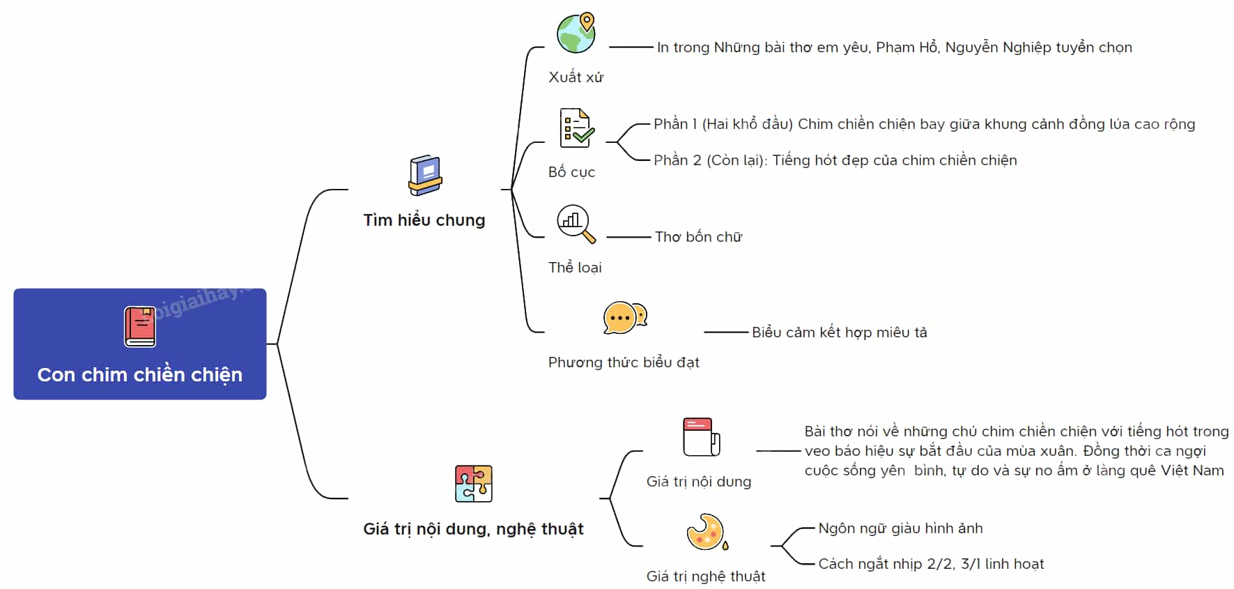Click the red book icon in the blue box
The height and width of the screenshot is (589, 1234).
[x=139, y=326]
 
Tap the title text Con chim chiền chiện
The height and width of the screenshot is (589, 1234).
[x=140, y=374]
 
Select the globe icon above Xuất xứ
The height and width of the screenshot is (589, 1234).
[x=576, y=33]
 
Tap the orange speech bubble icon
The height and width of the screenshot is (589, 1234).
[x=625, y=318]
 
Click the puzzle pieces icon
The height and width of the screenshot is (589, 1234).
[x=474, y=484]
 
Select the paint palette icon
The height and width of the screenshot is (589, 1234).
[x=707, y=533]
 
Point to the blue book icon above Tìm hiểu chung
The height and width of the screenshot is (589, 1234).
[x=425, y=175]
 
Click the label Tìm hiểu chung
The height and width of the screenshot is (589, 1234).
[x=424, y=220]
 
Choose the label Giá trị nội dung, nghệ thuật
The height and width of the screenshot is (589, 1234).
[x=474, y=529]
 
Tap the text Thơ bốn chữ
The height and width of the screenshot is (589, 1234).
[x=698, y=237]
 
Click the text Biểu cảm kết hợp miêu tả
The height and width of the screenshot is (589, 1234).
[x=840, y=332]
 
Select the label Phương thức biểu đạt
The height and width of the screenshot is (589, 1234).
[x=624, y=362]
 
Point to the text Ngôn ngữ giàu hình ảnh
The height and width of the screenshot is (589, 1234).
[x=900, y=528]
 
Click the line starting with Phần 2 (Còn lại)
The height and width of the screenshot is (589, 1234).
[x=835, y=160]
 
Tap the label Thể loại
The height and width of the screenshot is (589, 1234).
[x=575, y=268]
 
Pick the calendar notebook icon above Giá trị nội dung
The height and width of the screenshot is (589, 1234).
[x=701, y=436]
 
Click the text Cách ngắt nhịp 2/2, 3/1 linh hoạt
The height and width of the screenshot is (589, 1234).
[x=931, y=564]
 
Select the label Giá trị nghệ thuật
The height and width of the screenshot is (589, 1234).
[x=706, y=576]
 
